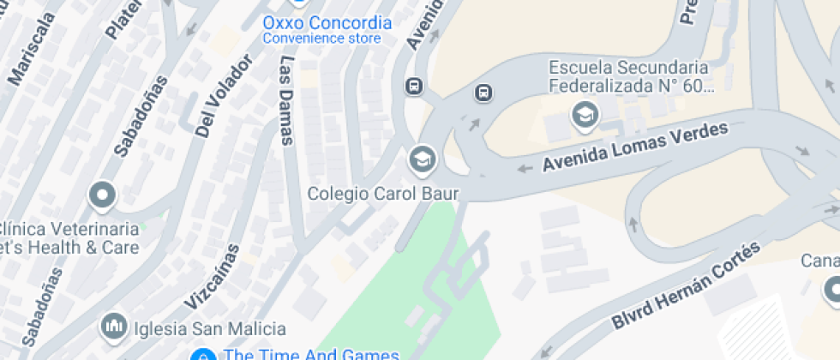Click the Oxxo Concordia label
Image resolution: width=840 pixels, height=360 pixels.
tap(327, 22)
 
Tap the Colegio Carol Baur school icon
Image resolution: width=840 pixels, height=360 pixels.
tap(422, 159)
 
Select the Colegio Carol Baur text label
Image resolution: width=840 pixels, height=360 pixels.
tap(383, 194)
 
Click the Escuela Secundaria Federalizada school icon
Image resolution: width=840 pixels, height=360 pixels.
tap(585, 115)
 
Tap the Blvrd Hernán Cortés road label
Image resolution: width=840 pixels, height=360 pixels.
tap(686, 286)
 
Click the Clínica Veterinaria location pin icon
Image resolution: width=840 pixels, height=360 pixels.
tap(102, 195)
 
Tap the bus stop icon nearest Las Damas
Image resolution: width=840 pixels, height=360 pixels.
tap(414, 86)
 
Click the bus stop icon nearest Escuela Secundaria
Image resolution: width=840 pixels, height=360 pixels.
tap(483, 93)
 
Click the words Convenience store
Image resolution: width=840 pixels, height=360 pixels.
tap(321, 39)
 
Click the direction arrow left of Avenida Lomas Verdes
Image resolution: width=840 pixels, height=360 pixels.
tap(524, 168)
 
